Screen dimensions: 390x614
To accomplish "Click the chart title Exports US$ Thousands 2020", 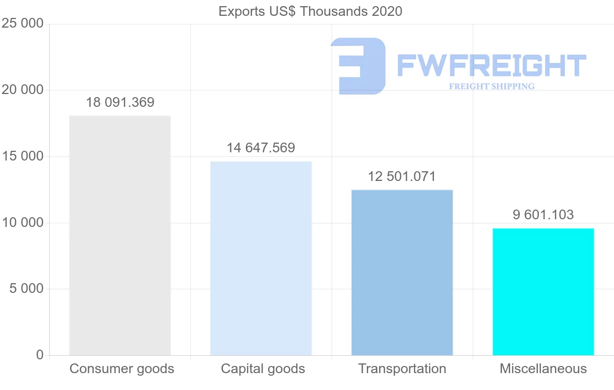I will tap(310, 11).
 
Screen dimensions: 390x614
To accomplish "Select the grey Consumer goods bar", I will tap(120, 235).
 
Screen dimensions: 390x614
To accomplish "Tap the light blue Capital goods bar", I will tap(261, 258).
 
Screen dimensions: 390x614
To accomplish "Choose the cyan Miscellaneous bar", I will tap(543, 291).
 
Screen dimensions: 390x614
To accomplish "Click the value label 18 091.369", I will tap(120, 102).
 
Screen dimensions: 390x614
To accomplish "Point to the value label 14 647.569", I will tap(261, 148).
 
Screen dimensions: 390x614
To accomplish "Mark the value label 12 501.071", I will tap(402, 177).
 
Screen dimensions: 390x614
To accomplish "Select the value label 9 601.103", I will tap(543, 215).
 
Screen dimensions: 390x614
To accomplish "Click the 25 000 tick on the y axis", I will tap(23, 24).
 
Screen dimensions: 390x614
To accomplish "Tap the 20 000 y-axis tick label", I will tap(23, 90).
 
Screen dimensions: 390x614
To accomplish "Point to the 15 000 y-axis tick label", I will tap(23, 156).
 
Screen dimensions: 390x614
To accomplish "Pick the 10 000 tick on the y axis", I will tap(23, 223).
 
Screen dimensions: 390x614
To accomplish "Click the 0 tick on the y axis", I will tap(40, 355).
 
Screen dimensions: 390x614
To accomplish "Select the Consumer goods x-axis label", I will tap(122, 369).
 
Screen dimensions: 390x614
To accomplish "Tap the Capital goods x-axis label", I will tap(263, 369).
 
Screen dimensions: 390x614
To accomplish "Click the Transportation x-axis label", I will tap(402, 369).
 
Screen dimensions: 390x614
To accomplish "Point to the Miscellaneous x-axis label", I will tap(543, 369).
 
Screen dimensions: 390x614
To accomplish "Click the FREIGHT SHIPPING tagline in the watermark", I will tap(492, 86).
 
